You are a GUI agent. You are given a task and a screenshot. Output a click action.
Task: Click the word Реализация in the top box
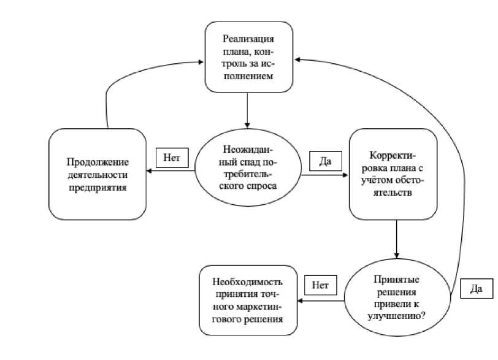click(x=248, y=39)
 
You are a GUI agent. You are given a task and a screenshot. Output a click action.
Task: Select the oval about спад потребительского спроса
click(x=248, y=167)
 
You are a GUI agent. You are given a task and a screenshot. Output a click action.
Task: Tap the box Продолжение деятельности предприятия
click(x=98, y=174)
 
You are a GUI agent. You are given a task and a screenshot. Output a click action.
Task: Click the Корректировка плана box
click(x=393, y=174)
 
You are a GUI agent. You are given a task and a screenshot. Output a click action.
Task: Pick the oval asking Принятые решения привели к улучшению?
click(x=397, y=297)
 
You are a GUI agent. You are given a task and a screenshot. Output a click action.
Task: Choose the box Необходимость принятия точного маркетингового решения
click(x=248, y=301)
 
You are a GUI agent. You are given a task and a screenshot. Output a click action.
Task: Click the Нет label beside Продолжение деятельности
click(x=172, y=158)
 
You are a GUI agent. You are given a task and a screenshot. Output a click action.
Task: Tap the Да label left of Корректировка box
click(x=326, y=161)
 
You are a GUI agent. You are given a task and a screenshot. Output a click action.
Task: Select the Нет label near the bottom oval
click(x=321, y=285)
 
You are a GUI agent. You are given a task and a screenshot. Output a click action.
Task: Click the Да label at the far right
click(x=477, y=289)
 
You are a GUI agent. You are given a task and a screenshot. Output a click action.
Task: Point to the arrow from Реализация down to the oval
click(x=247, y=110)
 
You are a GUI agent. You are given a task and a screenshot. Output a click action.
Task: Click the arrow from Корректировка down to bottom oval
click(x=396, y=239)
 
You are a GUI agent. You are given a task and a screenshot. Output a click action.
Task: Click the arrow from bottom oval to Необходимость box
click(x=321, y=301)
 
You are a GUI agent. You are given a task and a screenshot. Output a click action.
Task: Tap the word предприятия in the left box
click(x=98, y=187)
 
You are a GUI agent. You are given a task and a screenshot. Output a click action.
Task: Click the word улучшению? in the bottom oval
click(x=397, y=316)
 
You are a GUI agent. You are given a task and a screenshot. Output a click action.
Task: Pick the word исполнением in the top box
click(x=248, y=76)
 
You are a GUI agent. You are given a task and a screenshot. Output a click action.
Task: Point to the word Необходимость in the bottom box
click(x=248, y=282)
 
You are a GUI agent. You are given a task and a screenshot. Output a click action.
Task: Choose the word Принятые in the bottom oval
click(x=396, y=280)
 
